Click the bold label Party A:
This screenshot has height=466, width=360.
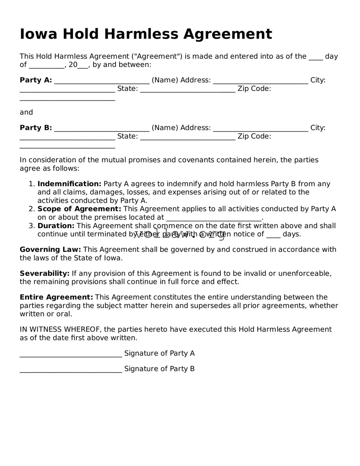point(36,80)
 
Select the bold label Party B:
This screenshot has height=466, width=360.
point(36,128)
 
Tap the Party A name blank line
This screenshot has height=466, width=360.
point(102,81)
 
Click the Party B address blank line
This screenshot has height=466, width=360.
point(260,129)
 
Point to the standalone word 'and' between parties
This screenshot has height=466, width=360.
point(26,112)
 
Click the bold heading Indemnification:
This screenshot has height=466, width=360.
point(69,184)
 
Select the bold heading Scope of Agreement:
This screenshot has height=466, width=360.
point(79,209)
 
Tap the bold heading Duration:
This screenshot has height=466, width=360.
point(56,226)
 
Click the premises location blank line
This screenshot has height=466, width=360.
point(214,218)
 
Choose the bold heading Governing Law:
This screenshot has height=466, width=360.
point(50,250)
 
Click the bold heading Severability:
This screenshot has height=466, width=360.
point(44,274)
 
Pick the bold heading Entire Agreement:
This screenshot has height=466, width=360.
point(56,297)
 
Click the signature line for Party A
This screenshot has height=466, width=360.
point(71,354)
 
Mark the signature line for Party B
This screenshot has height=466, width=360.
point(71,369)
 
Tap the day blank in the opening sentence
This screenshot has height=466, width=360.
point(316,57)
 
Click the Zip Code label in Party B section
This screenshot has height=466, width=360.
point(254,136)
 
